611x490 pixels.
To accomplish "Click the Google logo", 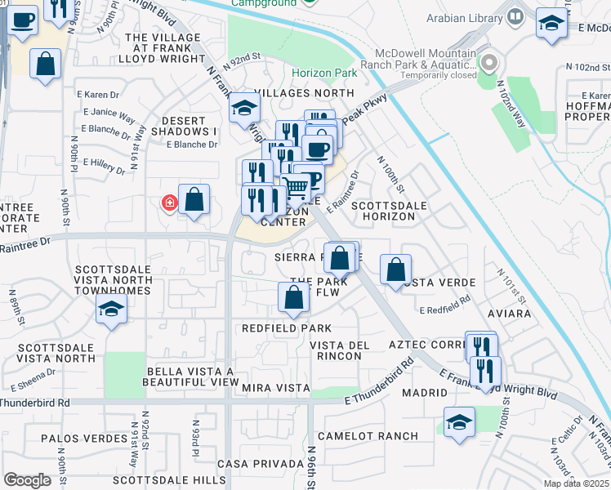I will (x=27, y=480).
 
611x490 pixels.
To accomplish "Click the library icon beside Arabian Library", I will (x=515, y=16).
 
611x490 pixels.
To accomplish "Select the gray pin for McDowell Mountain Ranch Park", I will (x=489, y=62).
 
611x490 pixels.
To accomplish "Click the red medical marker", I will (x=170, y=202).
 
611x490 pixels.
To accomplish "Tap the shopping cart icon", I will (x=296, y=189).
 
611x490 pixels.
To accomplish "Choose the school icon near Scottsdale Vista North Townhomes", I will (x=111, y=310).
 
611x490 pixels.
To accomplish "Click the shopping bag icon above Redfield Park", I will (x=294, y=299).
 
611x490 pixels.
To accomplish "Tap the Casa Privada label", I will (x=260, y=464).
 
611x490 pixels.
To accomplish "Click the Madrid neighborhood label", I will (x=424, y=393).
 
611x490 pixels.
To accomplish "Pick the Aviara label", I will (x=508, y=314).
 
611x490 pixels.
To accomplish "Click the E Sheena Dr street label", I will (x=33, y=380).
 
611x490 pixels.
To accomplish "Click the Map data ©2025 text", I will (x=576, y=483).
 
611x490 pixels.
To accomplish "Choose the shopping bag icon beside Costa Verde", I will (x=395, y=269).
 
